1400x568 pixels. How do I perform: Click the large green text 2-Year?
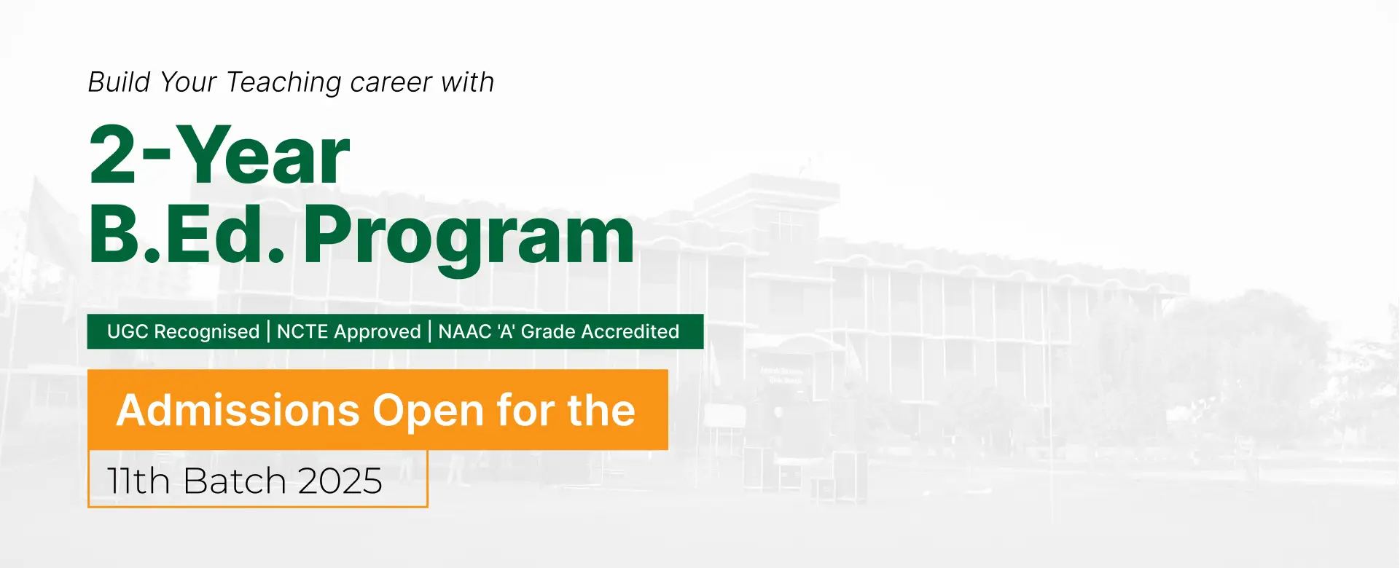pyautogui.click(x=219, y=154)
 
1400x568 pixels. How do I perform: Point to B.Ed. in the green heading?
pyautogui.click(x=187, y=234)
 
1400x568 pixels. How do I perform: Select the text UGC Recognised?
pyautogui.click(x=183, y=332)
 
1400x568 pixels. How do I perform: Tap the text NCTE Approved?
pyautogui.click(x=349, y=332)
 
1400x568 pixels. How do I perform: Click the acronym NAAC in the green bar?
pyautogui.click(x=465, y=332)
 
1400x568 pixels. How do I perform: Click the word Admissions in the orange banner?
pyautogui.click(x=238, y=411)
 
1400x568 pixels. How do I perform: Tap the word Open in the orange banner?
pyautogui.click(x=429, y=413)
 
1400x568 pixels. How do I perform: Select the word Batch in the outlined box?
pyautogui.click(x=235, y=481)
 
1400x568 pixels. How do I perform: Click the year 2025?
pyautogui.click(x=340, y=481)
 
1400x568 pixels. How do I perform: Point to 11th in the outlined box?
pyautogui.click(x=138, y=481)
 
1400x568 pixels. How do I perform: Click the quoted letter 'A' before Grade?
pyautogui.click(x=507, y=332)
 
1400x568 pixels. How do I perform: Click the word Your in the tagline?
pyautogui.click(x=188, y=82)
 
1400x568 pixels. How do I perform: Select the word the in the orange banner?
pyautogui.click(x=601, y=411)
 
